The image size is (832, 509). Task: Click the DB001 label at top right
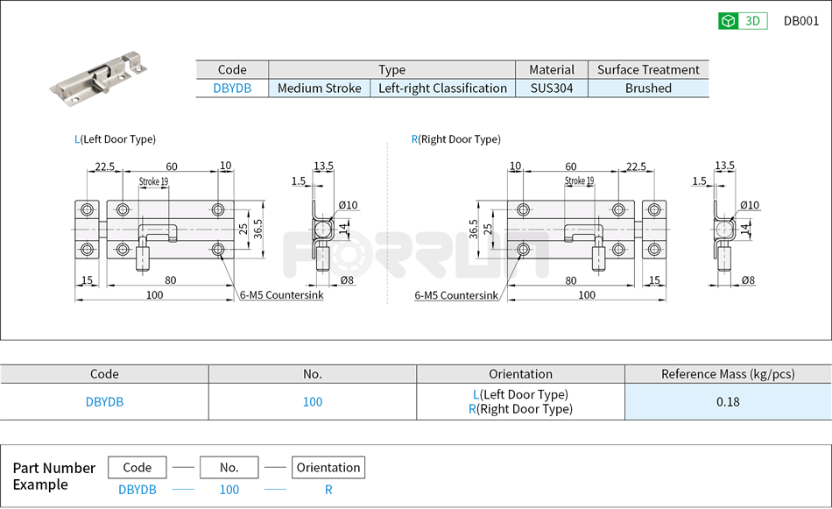[800, 22]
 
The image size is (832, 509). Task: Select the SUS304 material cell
[552, 88]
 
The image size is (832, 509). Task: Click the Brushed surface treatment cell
[648, 88]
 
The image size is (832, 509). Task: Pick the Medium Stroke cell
[319, 88]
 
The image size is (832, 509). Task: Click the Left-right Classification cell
[442, 88]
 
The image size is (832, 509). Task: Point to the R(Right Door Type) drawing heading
[455, 139]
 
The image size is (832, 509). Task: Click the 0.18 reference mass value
[728, 402]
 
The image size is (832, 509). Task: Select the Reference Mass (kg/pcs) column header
[728, 374]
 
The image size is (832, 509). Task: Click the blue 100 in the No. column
[313, 402]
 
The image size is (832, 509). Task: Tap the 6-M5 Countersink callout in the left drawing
[281, 295]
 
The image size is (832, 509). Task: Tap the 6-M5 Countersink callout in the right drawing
[456, 295]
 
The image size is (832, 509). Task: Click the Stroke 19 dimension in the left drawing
[153, 181]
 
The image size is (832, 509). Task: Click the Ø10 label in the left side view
[349, 205]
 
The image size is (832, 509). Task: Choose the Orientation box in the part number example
[328, 468]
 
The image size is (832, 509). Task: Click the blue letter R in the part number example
[328, 490]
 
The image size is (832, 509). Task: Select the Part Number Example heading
[53, 476]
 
